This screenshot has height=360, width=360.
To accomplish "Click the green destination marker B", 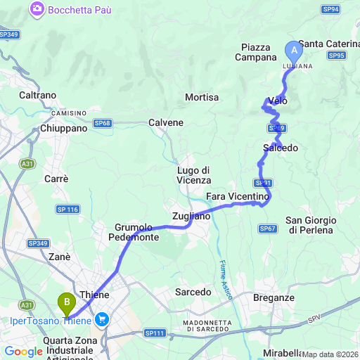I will [67, 303].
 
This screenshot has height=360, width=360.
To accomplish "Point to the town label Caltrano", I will [38, 94].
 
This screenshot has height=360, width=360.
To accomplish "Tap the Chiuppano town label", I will [64, 129].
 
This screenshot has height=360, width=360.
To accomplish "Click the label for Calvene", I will [166, 122].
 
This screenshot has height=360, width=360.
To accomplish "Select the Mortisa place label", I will [202, 97].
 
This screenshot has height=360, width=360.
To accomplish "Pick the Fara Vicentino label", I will [238, 195].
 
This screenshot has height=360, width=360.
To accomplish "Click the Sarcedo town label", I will [193, 291].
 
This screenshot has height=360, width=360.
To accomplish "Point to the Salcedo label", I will [281, 148].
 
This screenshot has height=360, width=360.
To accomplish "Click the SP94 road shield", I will [331, 9].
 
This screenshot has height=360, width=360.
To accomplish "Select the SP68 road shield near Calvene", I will [103, 123].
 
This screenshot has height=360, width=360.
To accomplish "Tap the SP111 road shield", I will [154, 333].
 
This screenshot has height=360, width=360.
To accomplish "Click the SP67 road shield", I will [267, 229].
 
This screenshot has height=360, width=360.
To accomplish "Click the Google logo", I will [23, 352].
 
